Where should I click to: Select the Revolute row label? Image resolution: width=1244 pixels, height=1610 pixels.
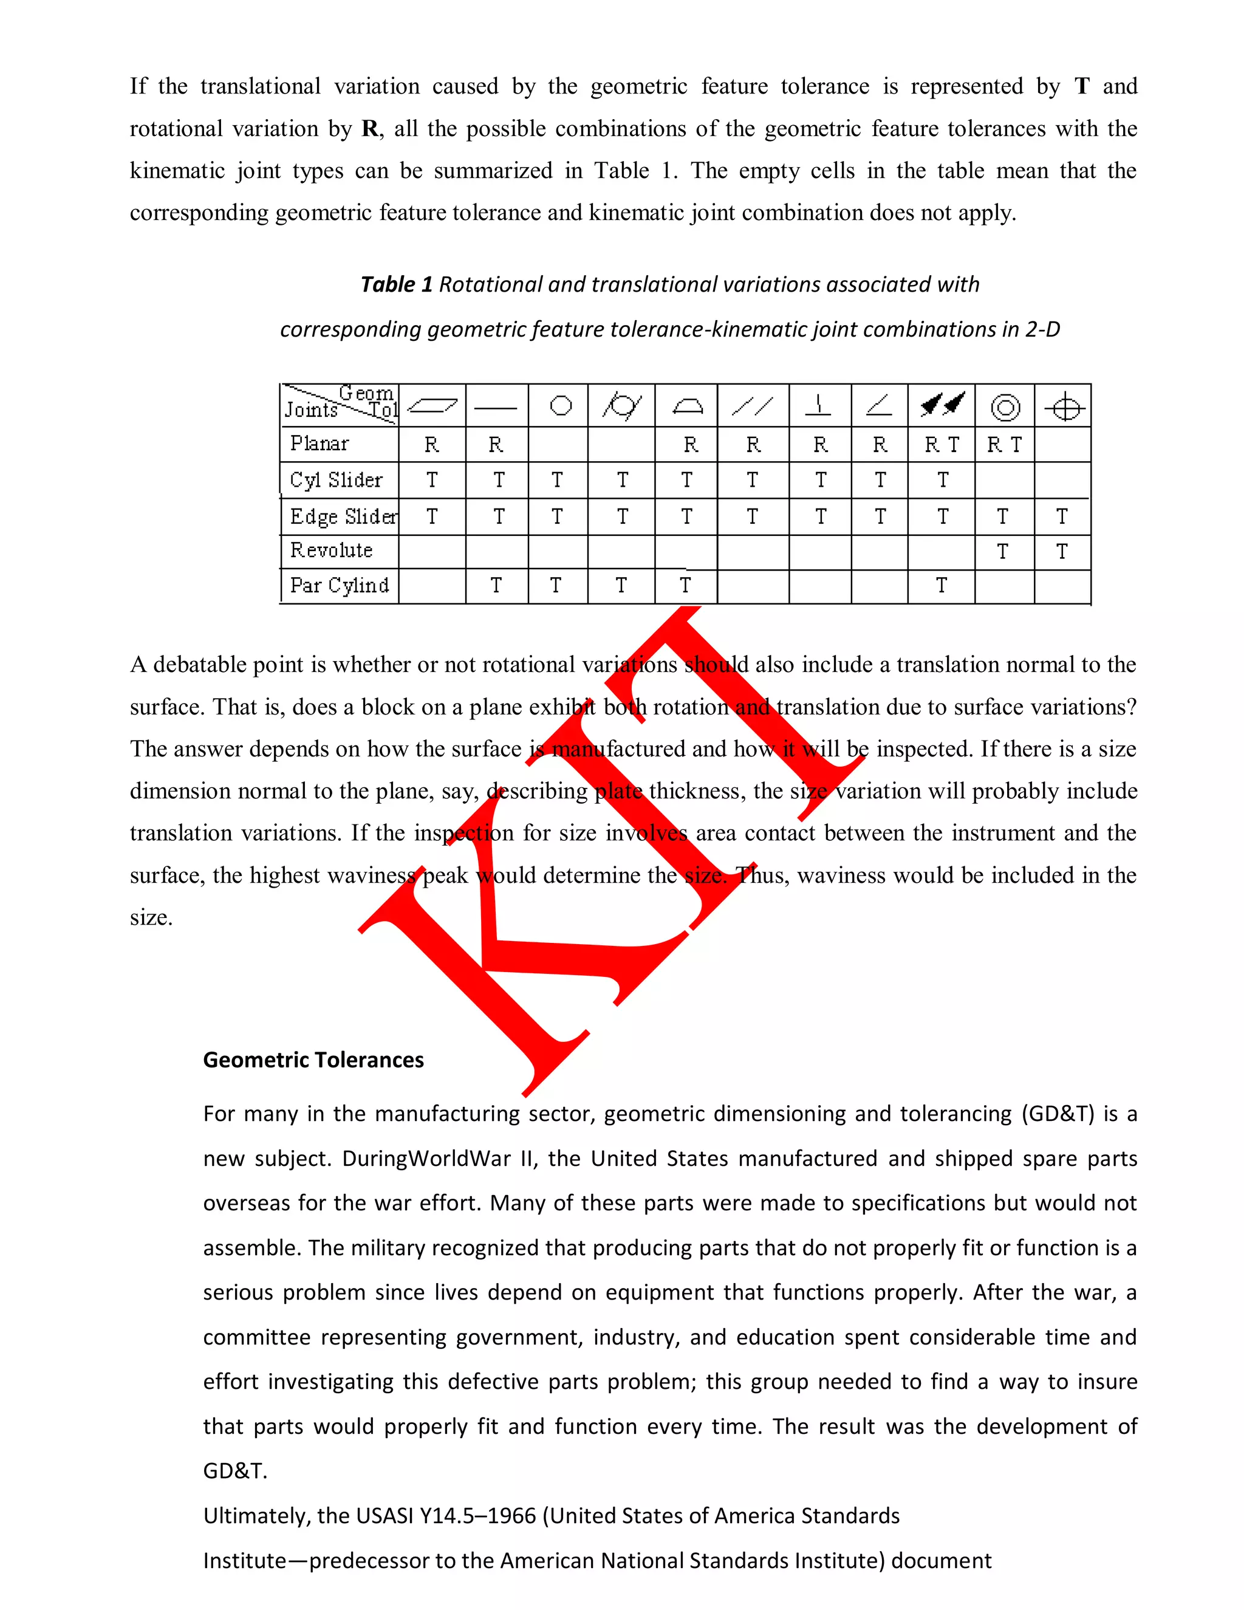[x=331, y=550]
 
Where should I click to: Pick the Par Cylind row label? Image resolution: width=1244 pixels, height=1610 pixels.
[x=339, y=585]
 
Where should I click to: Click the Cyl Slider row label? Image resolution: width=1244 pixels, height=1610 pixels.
[x=336, y=480]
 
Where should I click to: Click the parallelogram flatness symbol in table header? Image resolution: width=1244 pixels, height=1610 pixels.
[x=432, y=405]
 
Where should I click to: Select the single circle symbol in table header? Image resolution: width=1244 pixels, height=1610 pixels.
[x=561, y=405]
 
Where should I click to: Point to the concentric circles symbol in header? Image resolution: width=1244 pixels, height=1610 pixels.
[x=1005, y=407]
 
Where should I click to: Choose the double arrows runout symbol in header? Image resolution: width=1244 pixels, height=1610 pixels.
[x=942, y=404]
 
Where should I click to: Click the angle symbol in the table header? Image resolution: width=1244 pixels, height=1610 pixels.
[x=879, y=405]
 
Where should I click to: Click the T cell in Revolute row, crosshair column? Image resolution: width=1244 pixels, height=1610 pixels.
[x=1061, y=552]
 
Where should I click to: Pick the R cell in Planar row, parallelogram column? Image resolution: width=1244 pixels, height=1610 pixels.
[x=432, y=445]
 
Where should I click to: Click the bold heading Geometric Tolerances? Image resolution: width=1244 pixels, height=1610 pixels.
[x=313, y=1060]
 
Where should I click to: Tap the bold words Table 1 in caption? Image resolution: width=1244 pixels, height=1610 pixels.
[x=396, y=284]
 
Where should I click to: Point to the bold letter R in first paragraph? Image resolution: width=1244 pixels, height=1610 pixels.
[x=370, y=129]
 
